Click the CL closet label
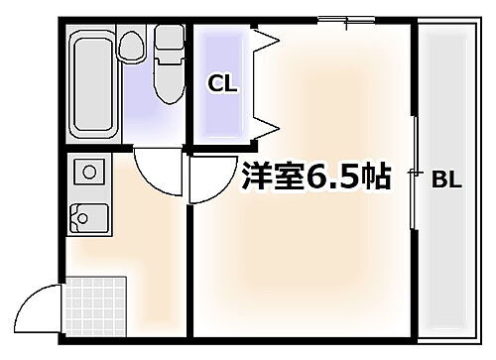(x=223, y=83)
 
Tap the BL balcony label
(x=445, y=180)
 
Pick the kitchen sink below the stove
(x=90, y=217)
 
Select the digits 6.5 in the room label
(x=336, y=179)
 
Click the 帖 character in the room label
(x=375, y=179)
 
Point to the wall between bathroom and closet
(x=189, y=84)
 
